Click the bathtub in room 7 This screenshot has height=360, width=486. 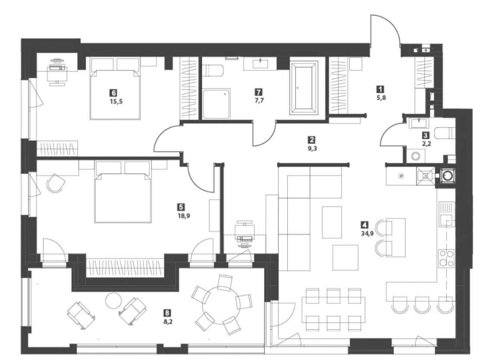click(x=303, y=87)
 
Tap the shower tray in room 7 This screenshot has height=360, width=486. click(x=217, y=103)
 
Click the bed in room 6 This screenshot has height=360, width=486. click(x=116, y=94)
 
